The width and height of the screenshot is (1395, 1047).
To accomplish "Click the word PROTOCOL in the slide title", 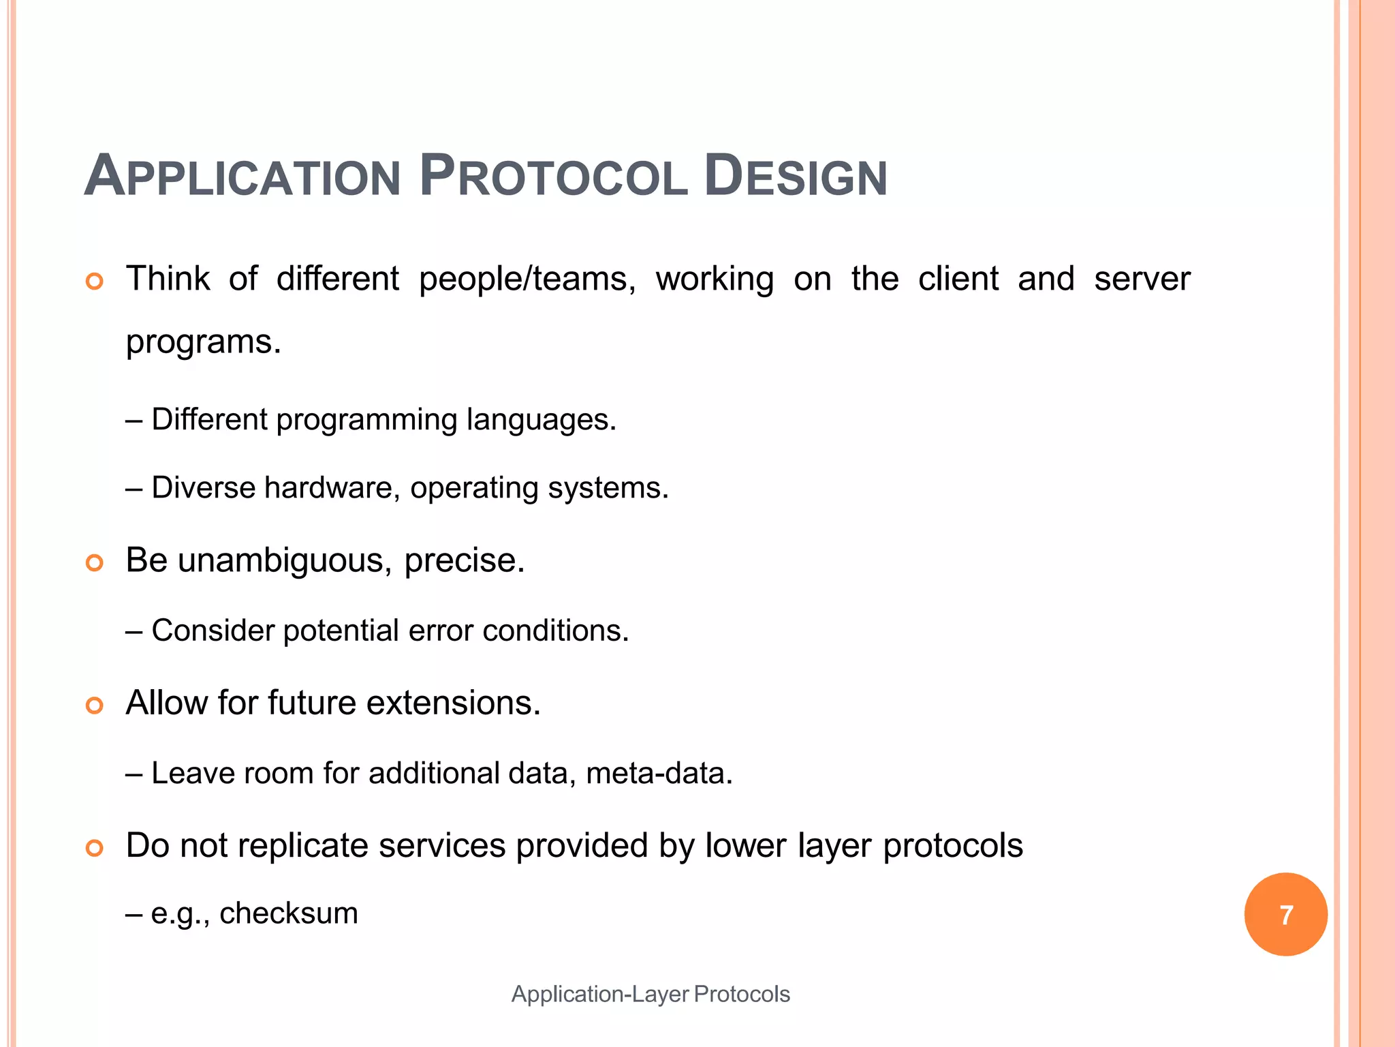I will tap(553, 177).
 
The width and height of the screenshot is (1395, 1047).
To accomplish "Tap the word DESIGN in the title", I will tap(795, 177).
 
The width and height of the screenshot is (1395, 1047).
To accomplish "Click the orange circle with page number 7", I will tap(1285, 914).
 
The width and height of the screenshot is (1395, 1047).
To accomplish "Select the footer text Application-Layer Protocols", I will tap(651, 994).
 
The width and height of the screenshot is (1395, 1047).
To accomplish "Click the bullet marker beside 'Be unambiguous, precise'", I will tap(95, 562).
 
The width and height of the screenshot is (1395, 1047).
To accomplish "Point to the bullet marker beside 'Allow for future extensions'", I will tap(95, 705).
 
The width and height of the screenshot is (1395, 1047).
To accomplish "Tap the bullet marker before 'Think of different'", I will tap(95, 282).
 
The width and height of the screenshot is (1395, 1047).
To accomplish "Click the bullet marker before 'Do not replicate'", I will tap(95, 848).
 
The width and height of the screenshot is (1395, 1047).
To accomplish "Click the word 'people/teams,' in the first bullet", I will tap(527, 279).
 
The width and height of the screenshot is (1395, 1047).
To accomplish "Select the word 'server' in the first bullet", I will tap(1142, 279).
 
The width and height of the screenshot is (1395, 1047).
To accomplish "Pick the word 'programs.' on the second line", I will tap(203, 342).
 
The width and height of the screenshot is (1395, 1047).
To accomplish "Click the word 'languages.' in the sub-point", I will tap(542, 419).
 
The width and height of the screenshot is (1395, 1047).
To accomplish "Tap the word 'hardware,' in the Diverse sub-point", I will tap(332, 488).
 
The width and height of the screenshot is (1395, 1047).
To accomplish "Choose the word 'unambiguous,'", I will tap(285, 561).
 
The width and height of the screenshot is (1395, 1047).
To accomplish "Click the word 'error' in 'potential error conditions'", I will tap(440, 631).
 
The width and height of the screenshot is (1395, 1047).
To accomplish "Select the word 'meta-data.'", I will tap(659, 774).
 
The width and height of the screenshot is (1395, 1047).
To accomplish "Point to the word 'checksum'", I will tap(288, 913).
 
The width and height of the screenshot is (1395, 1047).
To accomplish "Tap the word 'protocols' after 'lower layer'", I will tap(952, 846).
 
